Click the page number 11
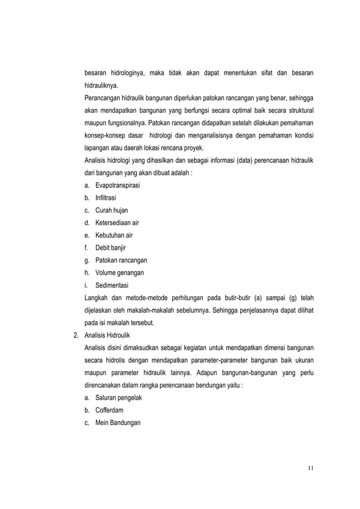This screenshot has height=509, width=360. (x=310, y=468)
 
